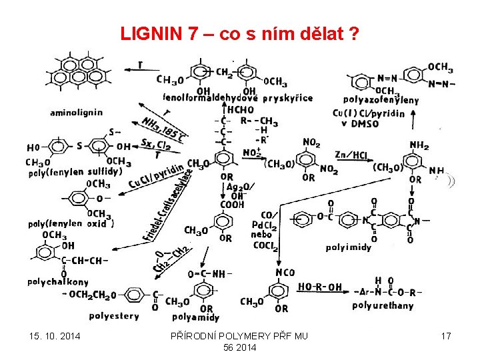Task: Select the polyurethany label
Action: click(383, 306)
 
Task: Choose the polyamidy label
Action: click(196, 318)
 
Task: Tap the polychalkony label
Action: click(58, 282)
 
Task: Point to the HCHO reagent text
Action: click(241, 110)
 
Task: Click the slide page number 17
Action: click(445, 336)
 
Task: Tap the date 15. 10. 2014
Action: click(54, 336)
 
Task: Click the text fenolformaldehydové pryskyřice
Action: click(237, 98)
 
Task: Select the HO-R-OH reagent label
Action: click(319, 287)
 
